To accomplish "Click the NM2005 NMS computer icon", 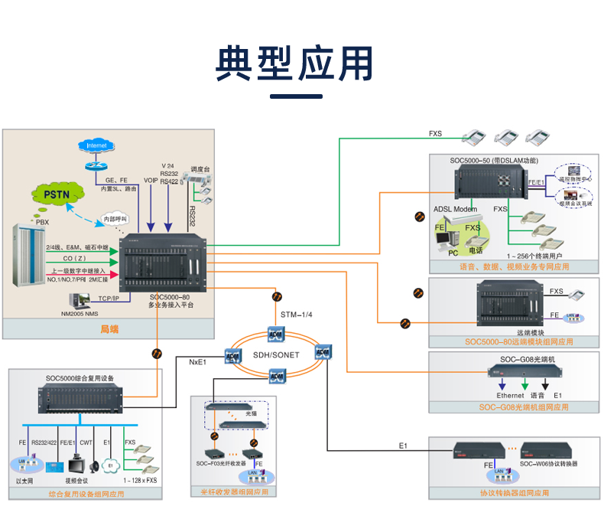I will [79, 300].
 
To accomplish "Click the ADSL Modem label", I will [455, 209].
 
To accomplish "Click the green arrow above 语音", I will [524, 384].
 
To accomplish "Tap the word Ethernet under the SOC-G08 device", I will [510, 396].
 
